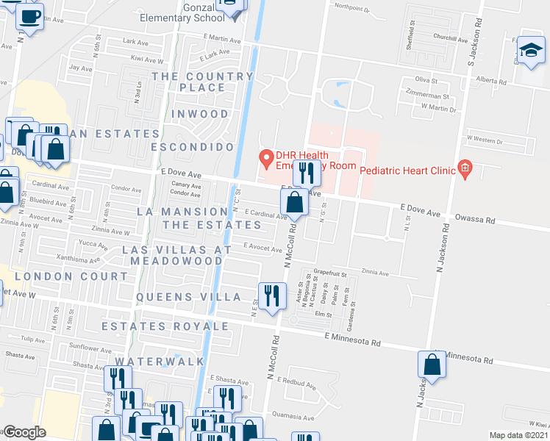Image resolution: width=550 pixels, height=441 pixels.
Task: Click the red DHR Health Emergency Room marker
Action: tap(265, 157)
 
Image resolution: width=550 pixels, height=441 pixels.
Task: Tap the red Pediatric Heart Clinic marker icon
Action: tap(464, 169)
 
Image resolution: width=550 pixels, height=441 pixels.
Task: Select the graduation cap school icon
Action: tap(529, 51)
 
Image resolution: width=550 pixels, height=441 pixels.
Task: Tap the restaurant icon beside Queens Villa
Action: tap(272, 297)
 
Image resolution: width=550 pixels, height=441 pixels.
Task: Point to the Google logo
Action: tap(25, 432)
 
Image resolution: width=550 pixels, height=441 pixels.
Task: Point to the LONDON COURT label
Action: tap(71, 276)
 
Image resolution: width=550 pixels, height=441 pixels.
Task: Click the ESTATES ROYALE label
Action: tap(165, 326)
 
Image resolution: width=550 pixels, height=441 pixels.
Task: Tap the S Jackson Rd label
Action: tap(475, 44)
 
